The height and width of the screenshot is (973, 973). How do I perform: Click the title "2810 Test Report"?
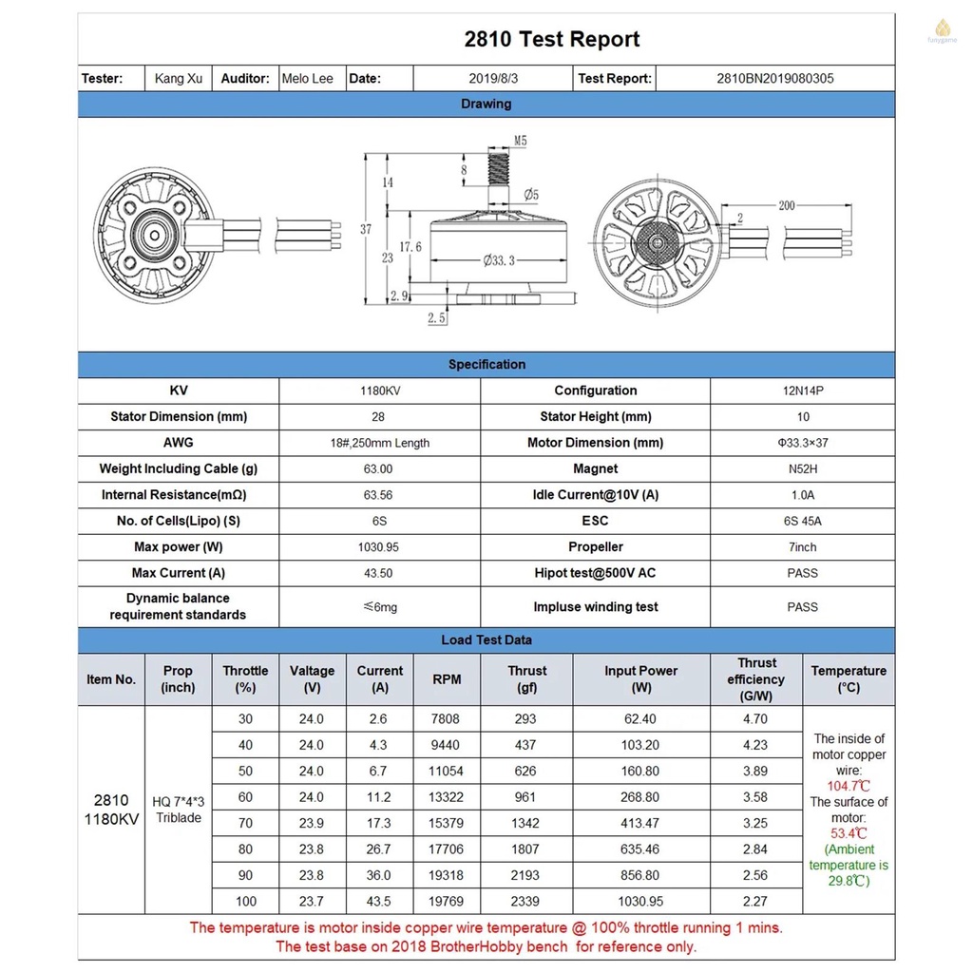[551, 39]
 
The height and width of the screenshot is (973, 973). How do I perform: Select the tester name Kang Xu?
[179, 79]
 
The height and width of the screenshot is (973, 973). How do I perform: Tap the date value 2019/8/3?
[492, 79]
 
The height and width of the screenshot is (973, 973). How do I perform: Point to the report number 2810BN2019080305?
[774, 79]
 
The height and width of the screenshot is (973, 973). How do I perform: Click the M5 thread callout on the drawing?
[520, 141]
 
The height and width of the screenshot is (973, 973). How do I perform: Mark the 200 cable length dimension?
[787, 205]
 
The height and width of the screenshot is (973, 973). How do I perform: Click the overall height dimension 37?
[366, 229]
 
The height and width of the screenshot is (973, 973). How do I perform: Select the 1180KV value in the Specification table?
[378, 391]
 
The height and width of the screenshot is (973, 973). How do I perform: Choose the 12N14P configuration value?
[803, 391]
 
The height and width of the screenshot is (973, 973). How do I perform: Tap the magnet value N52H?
[803, 468]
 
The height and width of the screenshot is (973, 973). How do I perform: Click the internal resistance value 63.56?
[378, 495]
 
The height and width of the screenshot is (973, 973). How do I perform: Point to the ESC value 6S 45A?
[803, 521]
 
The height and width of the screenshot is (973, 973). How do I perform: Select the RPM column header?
[447, 679]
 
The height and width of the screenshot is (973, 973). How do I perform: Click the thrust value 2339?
[525, 901]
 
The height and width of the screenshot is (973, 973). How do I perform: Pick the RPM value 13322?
[447, 797]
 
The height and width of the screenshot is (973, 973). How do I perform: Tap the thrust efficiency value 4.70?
[754, 719]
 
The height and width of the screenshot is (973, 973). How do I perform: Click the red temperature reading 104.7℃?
[849, 786]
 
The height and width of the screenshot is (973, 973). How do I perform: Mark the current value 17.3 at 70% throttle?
[378, 823]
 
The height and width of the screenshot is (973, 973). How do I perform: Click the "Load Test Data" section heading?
[486, 639]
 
